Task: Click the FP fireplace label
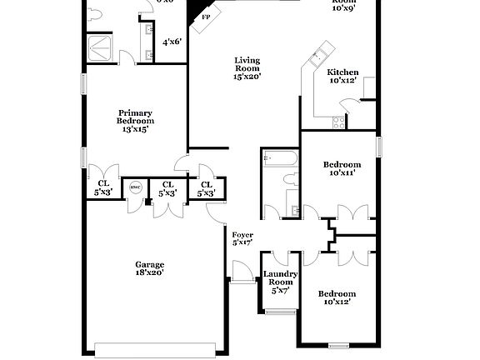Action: pyautogui.click(x=206, y=16)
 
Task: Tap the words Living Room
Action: pyautogui.click(x=247, y=64)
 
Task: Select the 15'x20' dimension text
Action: pyautogui.click(x=247, y=77)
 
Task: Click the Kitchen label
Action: pyautogui.click(x=342, y=72)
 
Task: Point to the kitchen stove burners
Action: pyautogui.click(x=339, y=122)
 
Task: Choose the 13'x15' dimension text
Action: pyautogui.click(x=135, y=129)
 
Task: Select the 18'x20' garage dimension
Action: pyautogui.click(x=150, y=272)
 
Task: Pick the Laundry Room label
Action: pyautogui.click(x=280, y=278)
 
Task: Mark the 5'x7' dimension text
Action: pyautogui.click(x=280, y=291)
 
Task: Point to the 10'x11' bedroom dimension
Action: pyautogui.click(x=342, y=173)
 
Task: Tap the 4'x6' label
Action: pyautogui.click(x=172, y=41)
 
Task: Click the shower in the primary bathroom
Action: pyautogui.click(x=104, y=48)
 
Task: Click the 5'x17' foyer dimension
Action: pyautogui.click(x=242, y=242)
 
